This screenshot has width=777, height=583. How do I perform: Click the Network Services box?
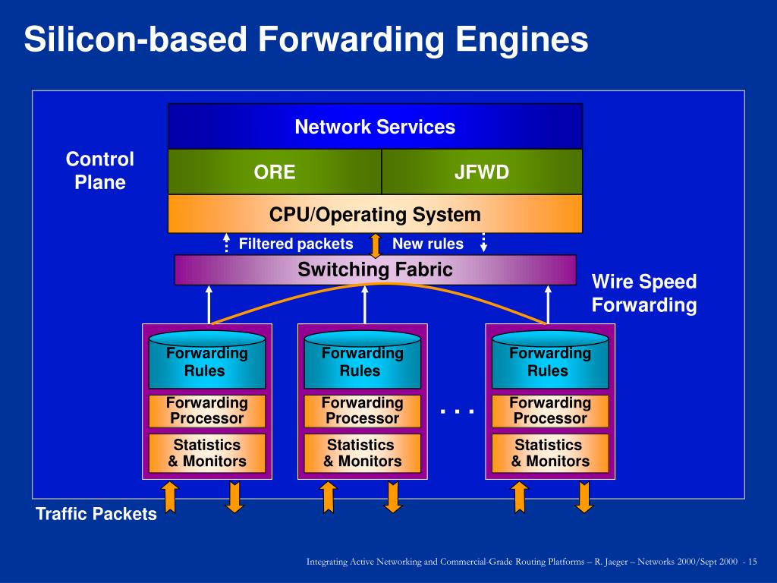(375, 127)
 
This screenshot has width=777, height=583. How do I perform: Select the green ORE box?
(275, 172)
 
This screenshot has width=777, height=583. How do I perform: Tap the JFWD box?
(482, 172)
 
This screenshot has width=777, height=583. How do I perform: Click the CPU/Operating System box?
(375, 213)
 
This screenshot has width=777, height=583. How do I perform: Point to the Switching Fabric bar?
(375, 269)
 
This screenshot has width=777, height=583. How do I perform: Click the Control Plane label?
(100, 171)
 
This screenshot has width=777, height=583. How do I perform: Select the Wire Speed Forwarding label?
(644, 293)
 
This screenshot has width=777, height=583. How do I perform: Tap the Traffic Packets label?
(96, 514)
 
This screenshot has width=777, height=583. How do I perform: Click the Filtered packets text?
(296, 244)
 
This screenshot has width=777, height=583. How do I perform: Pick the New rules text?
(428, 244)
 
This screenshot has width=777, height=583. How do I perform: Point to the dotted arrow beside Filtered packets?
(226, 242)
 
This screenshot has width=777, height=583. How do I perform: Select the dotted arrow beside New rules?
(483, 242)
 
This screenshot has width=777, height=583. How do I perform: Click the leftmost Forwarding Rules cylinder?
(207, 360)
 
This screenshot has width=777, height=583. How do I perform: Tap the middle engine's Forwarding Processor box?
(362, 411)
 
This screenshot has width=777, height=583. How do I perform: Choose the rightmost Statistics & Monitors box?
(550, 453)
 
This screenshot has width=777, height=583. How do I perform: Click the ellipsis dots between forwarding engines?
(457, 411)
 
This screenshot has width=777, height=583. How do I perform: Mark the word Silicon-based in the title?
(135, 39)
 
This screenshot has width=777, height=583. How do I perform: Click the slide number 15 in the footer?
(752, 562)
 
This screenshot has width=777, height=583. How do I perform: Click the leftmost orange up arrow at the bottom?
(170, 497)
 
